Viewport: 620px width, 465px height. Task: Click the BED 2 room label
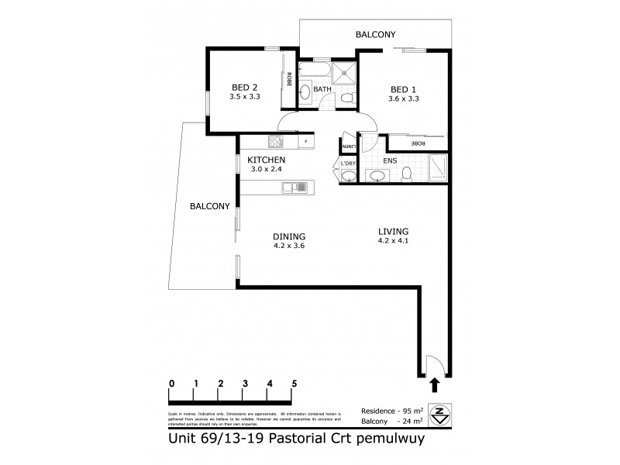tap(244, 88)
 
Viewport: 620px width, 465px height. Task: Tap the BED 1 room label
tap(402, 89)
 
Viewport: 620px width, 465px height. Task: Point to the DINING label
tap(290, 237)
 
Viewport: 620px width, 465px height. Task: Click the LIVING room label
tap(393, 231)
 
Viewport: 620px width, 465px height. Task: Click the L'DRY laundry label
tap(347, 164)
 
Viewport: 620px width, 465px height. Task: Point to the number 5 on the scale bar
tap(294, 384)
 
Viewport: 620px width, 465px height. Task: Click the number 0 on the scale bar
tap(170, 384)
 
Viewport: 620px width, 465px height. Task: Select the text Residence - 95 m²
tap(391, 410)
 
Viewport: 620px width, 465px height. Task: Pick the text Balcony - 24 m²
tap(391, 422)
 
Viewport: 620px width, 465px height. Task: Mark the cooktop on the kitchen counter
tap(274, 142)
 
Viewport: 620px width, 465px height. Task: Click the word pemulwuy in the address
tap(392, 438)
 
